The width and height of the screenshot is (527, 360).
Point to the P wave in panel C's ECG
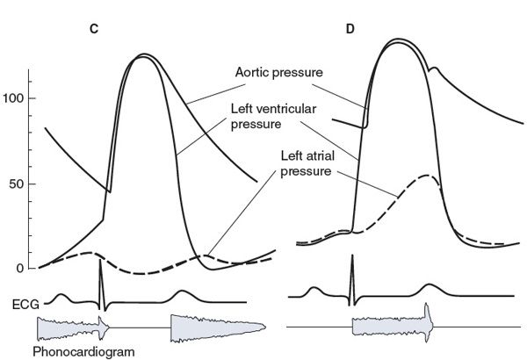click(x=61, y=296)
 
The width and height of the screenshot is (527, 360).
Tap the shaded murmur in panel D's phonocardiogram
click(x=391, y=326)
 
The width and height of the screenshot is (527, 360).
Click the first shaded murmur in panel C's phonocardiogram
click(x=70, y=328)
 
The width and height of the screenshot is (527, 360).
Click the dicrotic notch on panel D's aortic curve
click(x=430, y=70)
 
